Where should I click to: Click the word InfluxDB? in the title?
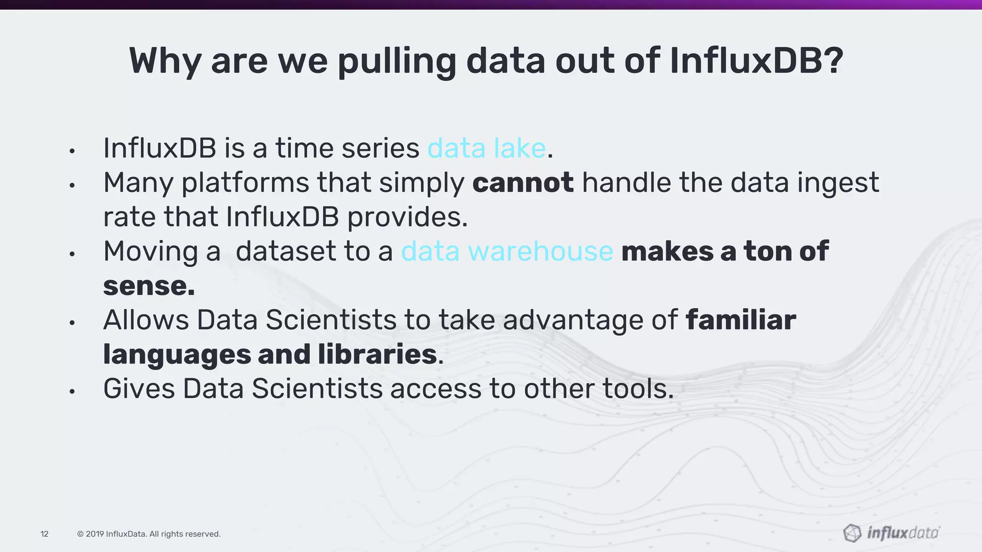[x=756, y=61]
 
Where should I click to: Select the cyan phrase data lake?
[x=486, y=148]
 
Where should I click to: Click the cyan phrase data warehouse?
[x=507, y=251]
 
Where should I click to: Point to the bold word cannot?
[x=523, y=183]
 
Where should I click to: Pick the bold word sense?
[x=149, y=286]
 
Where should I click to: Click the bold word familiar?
[x=741, y=320]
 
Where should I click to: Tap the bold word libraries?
[x=377, y=355]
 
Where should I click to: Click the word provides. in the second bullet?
[x=407, y=217]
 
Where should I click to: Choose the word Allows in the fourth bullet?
[x=146, y=320]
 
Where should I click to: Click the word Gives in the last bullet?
[x=139, y=389]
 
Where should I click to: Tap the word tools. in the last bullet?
[x=638, y=389]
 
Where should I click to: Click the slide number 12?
[x=45, y=534]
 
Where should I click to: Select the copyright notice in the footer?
[x=149, y=534]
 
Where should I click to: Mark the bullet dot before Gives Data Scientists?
[x=72, y=392]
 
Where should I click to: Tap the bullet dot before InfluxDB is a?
[x=72, y=151]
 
